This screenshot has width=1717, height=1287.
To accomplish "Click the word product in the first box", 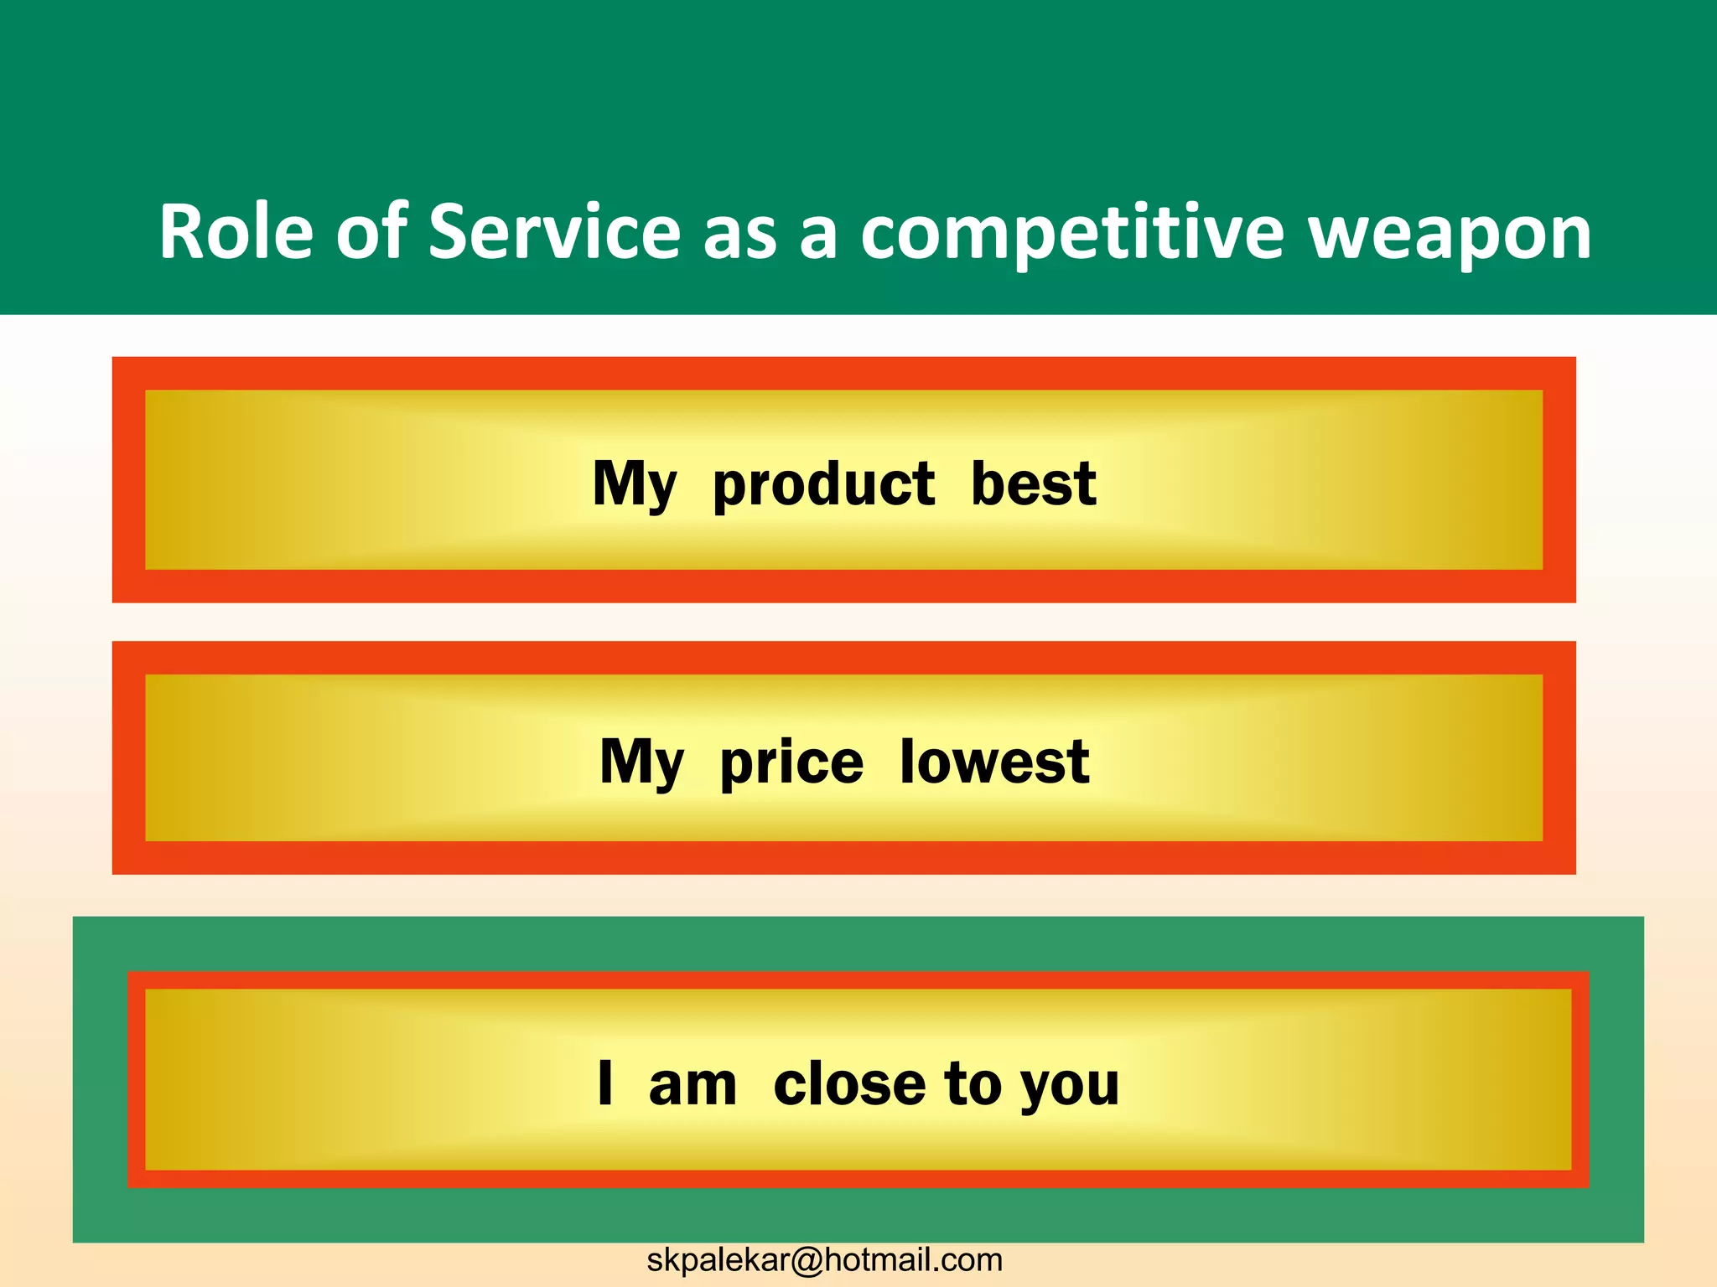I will (823, 484).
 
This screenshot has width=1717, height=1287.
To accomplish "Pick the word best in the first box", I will (1033, 483).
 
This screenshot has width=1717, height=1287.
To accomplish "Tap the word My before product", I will (635, 485).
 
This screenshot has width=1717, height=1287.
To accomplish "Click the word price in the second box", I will (791, 763).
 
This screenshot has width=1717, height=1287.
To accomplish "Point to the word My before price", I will (642, 763).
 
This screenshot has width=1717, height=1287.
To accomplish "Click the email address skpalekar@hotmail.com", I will (824, 1260).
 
